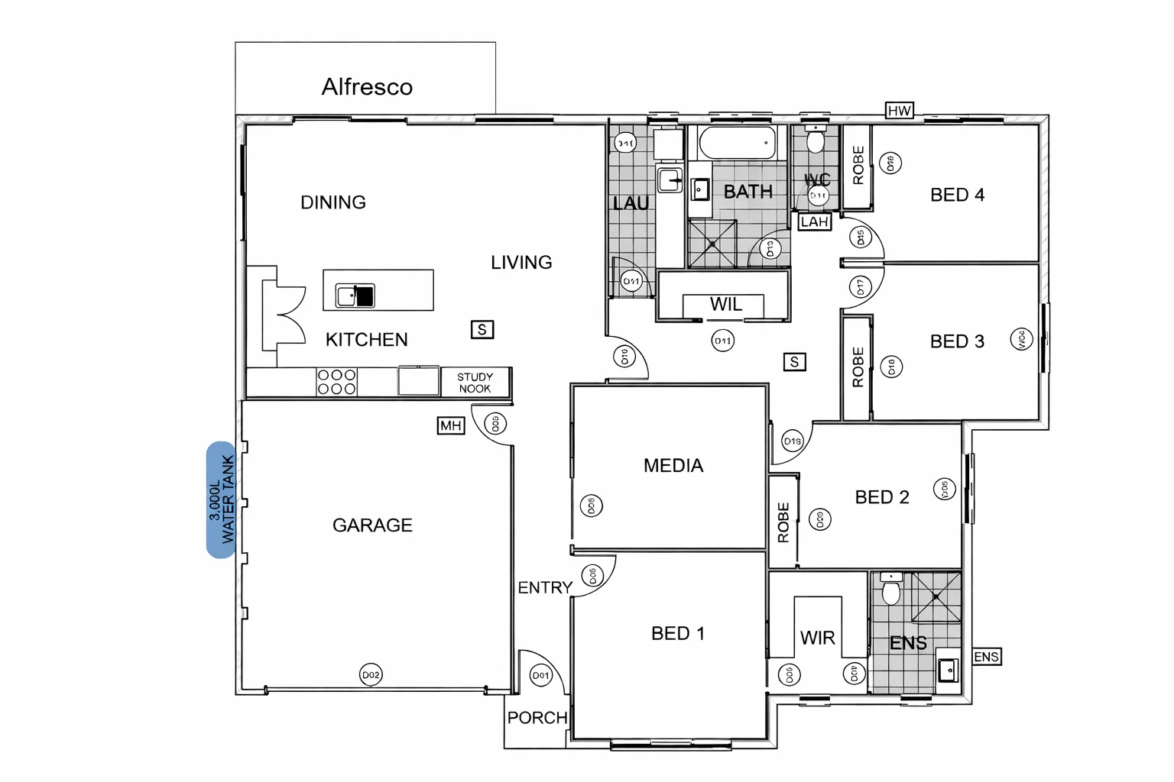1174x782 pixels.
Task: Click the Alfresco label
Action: click(x=367, y=87)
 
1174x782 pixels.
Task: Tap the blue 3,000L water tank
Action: click(x=221, y=499)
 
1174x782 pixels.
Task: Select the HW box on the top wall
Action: click(x=899, y=111)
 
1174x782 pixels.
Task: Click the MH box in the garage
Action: click(x=450, y=425)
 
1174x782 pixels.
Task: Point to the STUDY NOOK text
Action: click(x=475, y=383)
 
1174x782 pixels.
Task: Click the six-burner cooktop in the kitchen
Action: click(x=336, y=382)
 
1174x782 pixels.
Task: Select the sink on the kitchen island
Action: click(x=355, y=296)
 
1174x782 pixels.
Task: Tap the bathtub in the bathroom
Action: click(x=738, y=143)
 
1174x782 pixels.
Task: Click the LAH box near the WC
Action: click(x=814, y=222)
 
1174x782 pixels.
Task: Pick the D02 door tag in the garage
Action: click(x=371, y=675)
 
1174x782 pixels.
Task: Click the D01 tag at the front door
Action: click(x=540, y=675)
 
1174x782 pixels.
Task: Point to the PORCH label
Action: click(x=537, y=718)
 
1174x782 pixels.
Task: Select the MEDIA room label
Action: click(x=673, y=466)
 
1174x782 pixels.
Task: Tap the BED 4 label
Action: click(x=957, y=195)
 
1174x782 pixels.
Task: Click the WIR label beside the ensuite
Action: click(x=817, y=638)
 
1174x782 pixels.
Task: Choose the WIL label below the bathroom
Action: click(x=725, y=305)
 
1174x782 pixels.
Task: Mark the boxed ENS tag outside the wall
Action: click(x=986, y=657)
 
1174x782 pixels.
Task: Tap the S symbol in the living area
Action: click(x=482, y=330)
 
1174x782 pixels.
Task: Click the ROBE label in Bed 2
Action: click(x=783, y=522)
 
